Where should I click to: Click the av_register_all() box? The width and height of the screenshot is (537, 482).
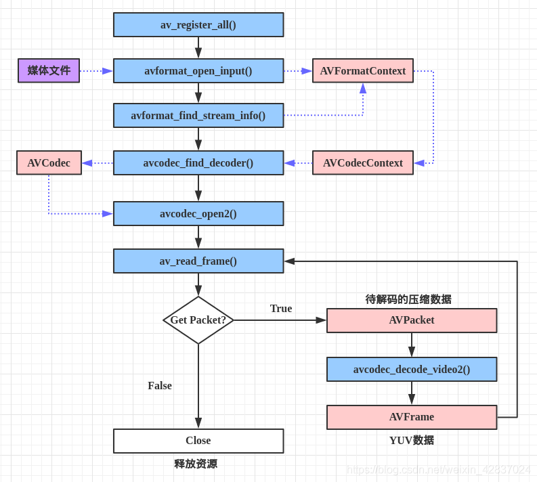[x=198, y=25]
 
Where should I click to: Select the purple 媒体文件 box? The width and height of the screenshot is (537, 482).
[x=49, y=70]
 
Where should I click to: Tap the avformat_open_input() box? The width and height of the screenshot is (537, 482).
[x=198, y=71]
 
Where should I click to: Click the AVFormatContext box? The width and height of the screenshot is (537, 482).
[x=363, y=71]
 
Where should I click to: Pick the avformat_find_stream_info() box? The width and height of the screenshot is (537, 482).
[x=198, y=116]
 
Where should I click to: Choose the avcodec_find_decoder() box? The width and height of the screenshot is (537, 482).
[x=198, y=163]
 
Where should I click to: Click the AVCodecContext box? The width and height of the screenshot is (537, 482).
[x=363, y=163]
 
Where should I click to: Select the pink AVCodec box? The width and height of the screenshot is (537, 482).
[x=49, y=163]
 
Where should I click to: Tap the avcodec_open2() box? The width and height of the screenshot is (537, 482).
[x=198, y=214]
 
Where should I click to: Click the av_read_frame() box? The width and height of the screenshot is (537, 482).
[x=198, y=261]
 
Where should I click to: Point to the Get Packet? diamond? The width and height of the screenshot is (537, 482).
[x=198, y=320]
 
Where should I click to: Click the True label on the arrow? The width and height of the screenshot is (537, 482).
[x=281, y=309]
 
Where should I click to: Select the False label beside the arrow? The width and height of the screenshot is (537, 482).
[x=160, y=386]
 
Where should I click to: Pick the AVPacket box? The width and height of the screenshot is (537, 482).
[x=412, y=321]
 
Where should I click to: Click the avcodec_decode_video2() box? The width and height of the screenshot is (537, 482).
[x=412, y=370]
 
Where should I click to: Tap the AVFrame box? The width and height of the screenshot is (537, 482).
[x=412, y=417]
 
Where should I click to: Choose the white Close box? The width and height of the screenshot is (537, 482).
[x=198, y=441]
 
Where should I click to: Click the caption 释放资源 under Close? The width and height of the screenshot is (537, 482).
[x=196, y=464]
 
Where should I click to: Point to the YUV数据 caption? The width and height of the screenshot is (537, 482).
[x=412, y=441]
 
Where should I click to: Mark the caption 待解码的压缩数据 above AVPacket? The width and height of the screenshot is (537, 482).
[x=408, y=299]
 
